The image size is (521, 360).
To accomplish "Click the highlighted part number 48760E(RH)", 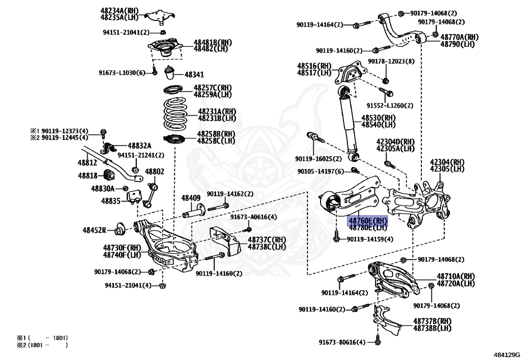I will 367,221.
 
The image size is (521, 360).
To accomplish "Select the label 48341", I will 194,74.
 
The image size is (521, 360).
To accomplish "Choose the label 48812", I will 87,163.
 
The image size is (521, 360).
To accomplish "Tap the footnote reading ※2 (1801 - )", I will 42,345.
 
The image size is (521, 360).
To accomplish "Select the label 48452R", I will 95,230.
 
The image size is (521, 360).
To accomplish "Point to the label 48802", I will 155,172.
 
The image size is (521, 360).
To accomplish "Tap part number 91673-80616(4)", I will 341,342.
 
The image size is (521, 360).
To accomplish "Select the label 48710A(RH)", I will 455,276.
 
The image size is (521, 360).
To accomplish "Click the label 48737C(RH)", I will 267,240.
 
